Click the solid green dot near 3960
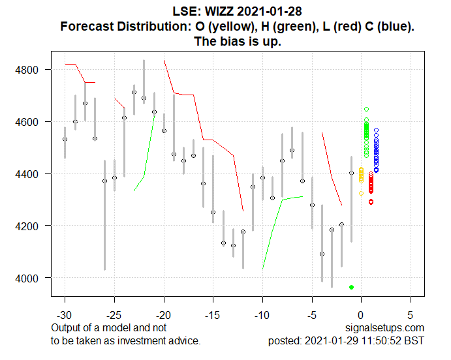point(352,287)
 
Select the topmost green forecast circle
point(367,109)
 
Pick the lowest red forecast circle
point(371,202)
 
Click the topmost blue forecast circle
point(376,130)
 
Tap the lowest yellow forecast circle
point(362,193)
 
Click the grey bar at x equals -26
point(104,215)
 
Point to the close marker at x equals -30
point(65,139)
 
